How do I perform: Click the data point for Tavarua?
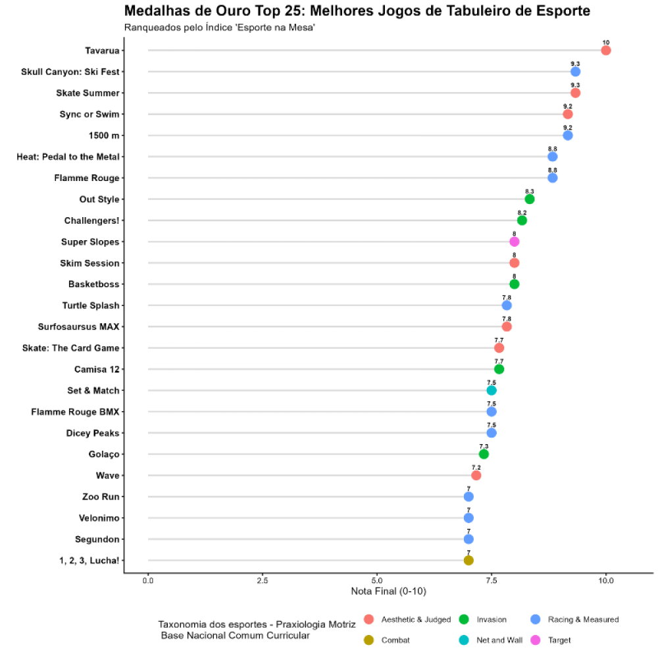tap(606, 51)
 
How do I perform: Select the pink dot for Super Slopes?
tap(515, 241)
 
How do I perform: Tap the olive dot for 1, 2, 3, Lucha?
tap(468, 560)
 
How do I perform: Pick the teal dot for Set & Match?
tap(492, 390)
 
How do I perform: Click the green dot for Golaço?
tap(484, 454)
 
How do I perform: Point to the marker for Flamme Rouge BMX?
tap(492, 412)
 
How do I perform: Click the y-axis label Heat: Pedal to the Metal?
tap(68, 157)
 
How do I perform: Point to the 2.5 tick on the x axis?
tap(263, 581)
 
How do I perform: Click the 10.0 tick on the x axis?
tap(606, 581)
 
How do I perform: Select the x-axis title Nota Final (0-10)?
tap(388, 592)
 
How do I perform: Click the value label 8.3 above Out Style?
tap(530, 191)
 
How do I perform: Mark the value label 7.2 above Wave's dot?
tap(476, 468)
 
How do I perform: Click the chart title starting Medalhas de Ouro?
tap(357, 11)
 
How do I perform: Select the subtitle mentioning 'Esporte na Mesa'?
tap(220, 28)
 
